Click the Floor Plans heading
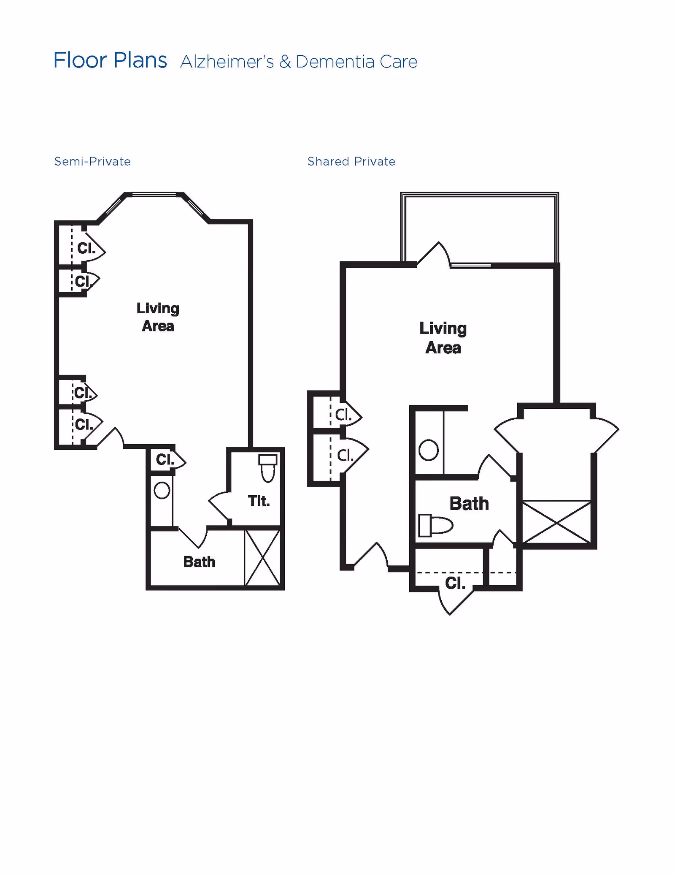pyautogui.click(x=110, y=60)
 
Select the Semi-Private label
pyautogui.click(x=92, y=161)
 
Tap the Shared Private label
pyautogui.click(x=351, y=161)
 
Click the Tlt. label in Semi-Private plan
pyautogui.click(x=259, y=501)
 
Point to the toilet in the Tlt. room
pyautogui.click(x=268, y=468)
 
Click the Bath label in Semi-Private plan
pyautogui.click(x=199, y=562)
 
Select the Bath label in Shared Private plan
pyautogui.click(x=469, y=503)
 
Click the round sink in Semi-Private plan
pyautogui.click(x=162, y=491)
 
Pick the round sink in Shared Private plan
pyautogui.click(x=429, y=450)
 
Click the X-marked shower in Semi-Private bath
pyautogui.click(x=262, y=558)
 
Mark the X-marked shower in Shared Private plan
pyautogui.click(x=556, y=522)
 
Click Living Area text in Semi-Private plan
pyautogui.click(x=158, y=317)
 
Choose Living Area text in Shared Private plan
pyautogui.click(x=443, y=338)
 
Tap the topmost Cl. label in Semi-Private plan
pyautogui.click(x=86, y=248)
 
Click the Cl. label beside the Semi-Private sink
pyautogui.click(x=165, y=459)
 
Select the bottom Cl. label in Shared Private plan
pyautogui.click(x=455, y=583)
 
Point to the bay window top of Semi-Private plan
pyautogui.click(x=154, y=195)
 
